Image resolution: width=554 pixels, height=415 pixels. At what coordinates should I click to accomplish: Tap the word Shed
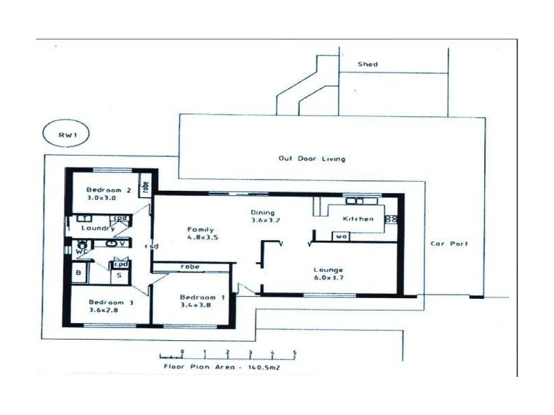pyautogui.click(x=367, y=64)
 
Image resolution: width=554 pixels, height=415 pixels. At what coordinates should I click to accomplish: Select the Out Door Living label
pyautogui.click(x=312, y=158)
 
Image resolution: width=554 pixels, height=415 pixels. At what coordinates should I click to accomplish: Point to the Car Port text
pyautogui.click(x=449, y=243)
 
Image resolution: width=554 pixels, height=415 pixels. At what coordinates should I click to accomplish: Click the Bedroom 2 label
pyautogui.click(x=109, y=190)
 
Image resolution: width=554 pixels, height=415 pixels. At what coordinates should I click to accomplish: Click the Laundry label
pyautogui.click(x=97, y=228)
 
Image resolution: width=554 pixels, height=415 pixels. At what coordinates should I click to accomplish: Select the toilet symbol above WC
pyautogui.click(x=82, y=244)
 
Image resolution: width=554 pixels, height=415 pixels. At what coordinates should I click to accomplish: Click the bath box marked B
pyautogui.click(x=78, y=274)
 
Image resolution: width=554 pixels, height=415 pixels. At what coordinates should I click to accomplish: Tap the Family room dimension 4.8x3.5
pyautogui.click(x=202, y=237)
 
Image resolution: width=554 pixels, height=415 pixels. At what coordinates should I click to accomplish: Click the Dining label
pyautogui.click(x=263, y=212)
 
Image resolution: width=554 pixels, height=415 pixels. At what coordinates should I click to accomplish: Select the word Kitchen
pyautogui.click(x=359, y=219)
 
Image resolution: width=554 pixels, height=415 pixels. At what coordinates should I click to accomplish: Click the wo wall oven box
pyautogui.click(x=341, y=236)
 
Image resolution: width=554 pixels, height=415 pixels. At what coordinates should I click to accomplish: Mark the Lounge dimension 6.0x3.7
pyautogui.click(x=328, y=278)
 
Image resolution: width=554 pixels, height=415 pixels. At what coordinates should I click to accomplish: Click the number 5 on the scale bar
pyautogui.click(x=294, y=353)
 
